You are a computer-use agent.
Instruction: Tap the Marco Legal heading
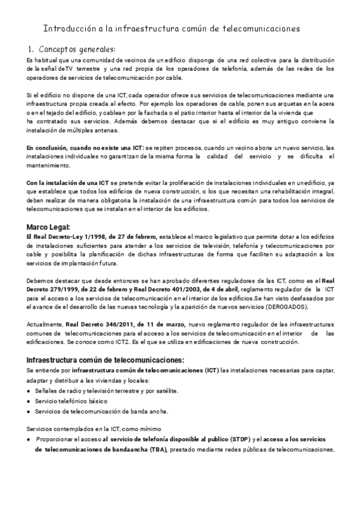click(x=48, y=227)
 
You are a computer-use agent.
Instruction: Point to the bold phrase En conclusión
click(x=49, y=147)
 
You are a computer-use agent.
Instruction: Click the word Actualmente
click(x=44, y=324)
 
